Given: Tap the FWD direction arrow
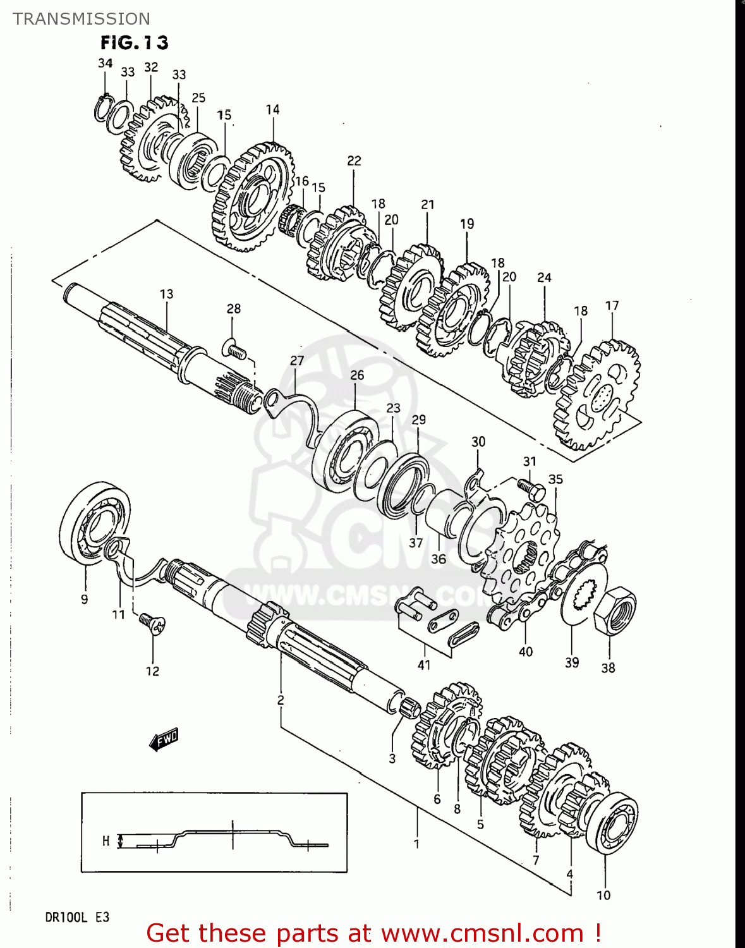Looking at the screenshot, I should coord(164,739).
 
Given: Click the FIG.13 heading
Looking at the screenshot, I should coord(135,43).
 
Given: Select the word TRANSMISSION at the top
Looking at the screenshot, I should coord(82,19).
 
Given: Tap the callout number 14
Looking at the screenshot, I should coord(272,109).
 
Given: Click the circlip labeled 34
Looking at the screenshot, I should coord(102,107).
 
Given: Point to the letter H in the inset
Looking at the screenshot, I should coord(106,841).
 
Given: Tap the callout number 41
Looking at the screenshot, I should coord(424,665).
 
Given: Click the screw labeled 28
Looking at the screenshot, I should coord(234,349).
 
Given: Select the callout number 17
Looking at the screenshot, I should coord(612,306).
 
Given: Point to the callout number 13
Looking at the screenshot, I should coord(166,294).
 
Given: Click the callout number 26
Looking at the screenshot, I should coord(357,375).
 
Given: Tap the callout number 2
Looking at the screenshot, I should coord(281,700).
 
